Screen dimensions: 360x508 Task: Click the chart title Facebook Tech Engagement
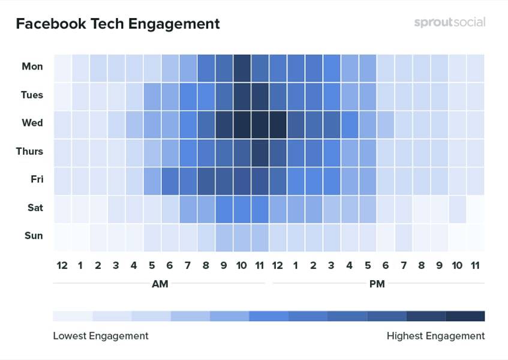coord(118,24)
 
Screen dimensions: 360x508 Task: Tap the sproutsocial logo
coord(449,23)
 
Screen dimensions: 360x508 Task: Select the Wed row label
coord(32,123)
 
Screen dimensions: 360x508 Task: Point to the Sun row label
coord(33,236)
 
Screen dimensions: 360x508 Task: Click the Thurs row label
coord(29,151)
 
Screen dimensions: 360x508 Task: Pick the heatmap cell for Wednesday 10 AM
coord(242,123)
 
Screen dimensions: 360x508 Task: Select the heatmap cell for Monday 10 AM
coord(242,67)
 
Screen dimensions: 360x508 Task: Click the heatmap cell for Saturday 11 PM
coord(475,208)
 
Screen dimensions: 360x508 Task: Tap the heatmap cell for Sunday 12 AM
coord(62,236)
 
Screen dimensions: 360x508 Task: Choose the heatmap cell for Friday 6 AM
coord(170,179)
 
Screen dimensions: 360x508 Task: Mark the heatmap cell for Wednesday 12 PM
coord(278,123)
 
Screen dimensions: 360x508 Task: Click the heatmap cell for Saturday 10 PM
coord(457,208)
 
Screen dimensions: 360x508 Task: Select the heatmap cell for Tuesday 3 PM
coord(332,95)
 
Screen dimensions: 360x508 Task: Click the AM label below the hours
coord(160,284)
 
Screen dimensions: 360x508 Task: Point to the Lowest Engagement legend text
coord(100,336)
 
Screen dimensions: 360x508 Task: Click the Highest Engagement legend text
coord(435,336)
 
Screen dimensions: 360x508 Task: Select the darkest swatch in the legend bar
coord(465,316)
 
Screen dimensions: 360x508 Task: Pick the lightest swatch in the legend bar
coord(73,316)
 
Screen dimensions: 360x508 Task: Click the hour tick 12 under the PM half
coord(278,265)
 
